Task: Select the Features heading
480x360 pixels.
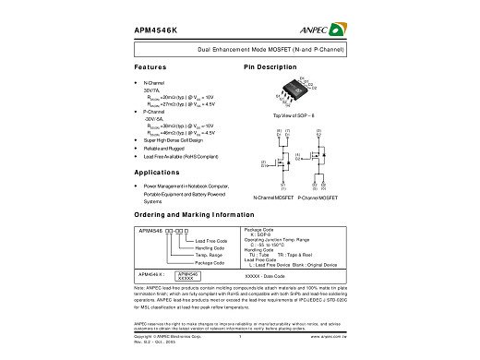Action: click(x=150, y=68)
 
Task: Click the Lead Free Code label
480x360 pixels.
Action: click(x=213, y=241)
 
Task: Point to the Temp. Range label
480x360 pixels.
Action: click(x=212, y=256)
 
